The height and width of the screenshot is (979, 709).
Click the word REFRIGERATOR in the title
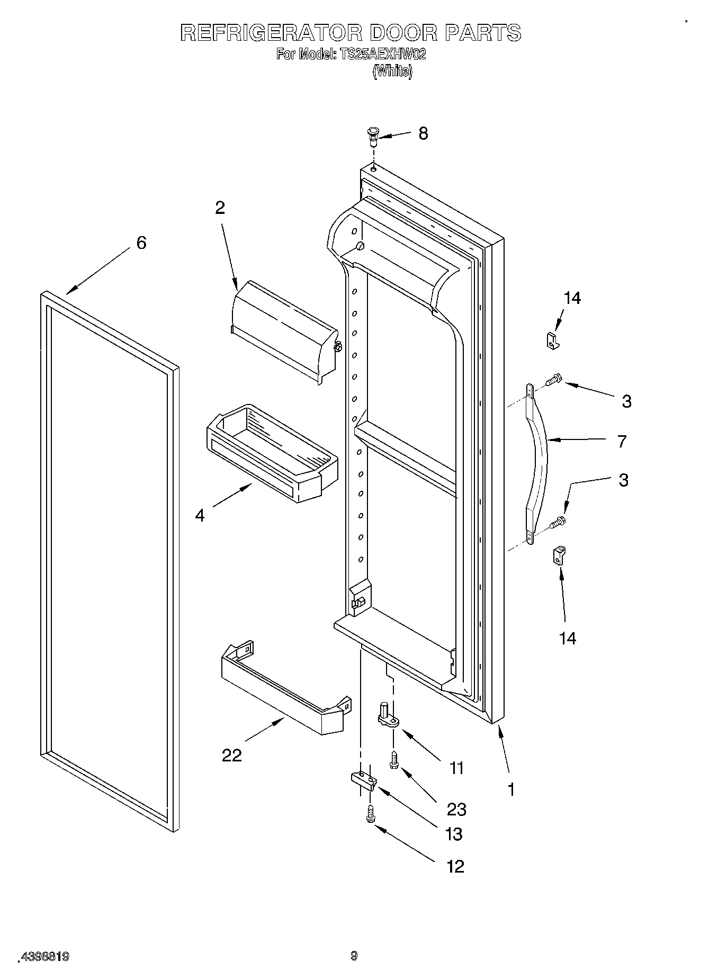point(271,33)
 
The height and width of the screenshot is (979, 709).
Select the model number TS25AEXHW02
point(381,54)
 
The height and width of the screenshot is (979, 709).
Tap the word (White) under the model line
point(392,71)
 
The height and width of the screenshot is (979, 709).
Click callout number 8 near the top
point(423,133)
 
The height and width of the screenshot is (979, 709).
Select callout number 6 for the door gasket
point(141,243)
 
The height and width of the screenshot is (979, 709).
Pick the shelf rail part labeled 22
point(283,688)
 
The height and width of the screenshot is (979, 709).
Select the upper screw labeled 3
point(554,380)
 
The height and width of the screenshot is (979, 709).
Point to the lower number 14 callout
point(567,639)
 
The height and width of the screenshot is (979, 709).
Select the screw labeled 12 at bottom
point(371,814)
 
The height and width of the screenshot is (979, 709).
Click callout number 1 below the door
point(510,789)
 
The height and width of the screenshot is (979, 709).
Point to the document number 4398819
point(44,957)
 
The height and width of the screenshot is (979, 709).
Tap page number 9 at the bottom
point(354,956)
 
